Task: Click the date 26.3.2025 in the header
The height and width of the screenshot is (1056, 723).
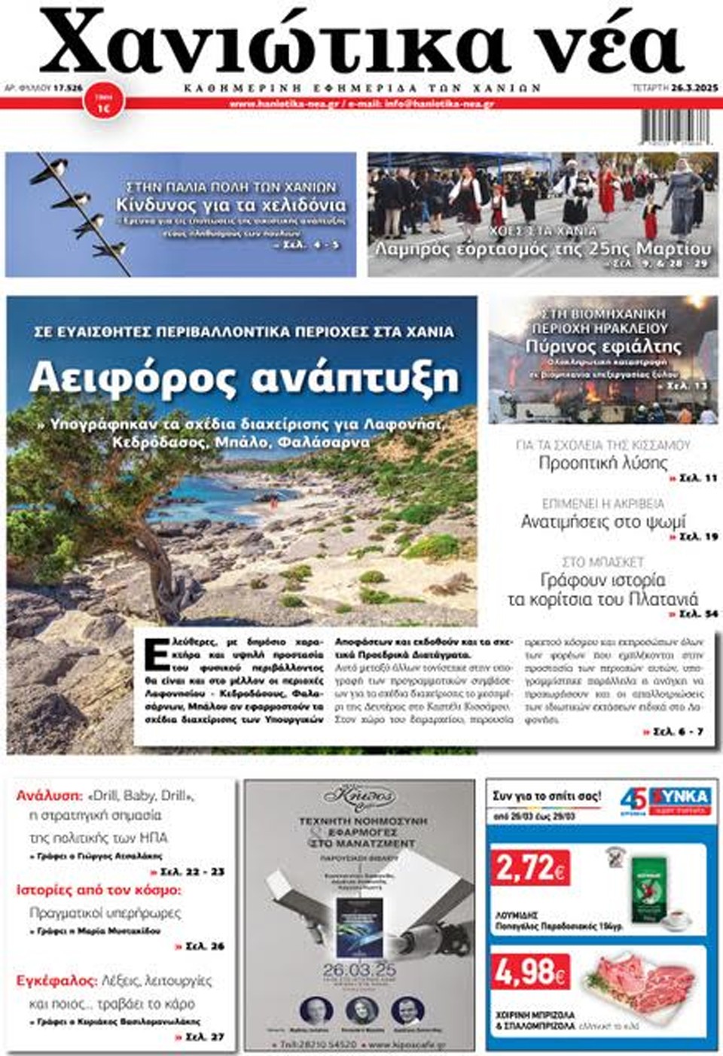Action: tap(696, 88)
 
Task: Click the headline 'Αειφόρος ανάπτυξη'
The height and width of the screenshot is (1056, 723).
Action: tap(243, 377)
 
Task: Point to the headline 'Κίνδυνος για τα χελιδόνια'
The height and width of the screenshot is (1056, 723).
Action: tap(231, 205)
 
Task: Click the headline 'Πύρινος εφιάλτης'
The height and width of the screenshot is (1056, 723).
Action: tap(602, 347)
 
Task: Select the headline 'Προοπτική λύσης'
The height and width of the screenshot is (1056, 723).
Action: tap(602, 463)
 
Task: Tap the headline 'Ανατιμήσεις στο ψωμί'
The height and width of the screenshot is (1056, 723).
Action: tap(602, 521)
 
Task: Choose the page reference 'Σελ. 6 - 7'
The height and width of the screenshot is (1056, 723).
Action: tap(678, 732)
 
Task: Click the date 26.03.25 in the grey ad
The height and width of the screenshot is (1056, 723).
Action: tap(359, 969)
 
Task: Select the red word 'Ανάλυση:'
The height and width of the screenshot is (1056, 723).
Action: tap(48, 796)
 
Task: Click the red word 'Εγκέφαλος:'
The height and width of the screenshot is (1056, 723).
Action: tap(56, 981)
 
